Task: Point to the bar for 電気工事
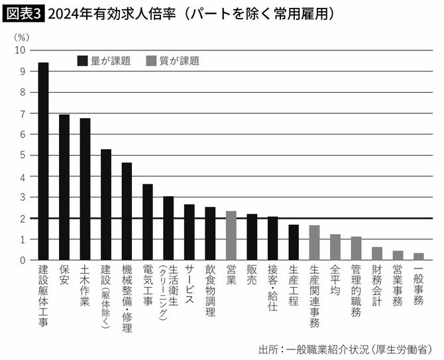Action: [x=148, y=222]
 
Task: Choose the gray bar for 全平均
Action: [x=335, y=247]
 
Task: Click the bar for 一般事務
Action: [x=419, y=257]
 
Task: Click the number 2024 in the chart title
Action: [x=64, y=13]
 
